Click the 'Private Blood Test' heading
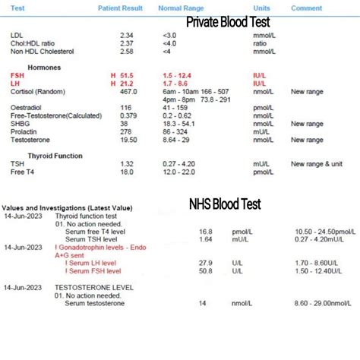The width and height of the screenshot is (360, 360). [x=228, y=22]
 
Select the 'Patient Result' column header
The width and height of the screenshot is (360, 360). [x=120, y=8]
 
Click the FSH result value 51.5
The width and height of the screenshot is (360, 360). [x=126, y=76]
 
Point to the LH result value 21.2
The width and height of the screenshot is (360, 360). [x=126, y=84]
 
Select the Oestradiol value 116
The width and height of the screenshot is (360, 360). [x=125, y=108]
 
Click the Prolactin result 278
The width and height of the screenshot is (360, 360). [x=125, y=131]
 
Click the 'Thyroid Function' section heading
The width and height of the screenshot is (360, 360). [x=55, y=155]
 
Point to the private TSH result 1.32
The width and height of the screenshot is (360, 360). [x=126, y=163]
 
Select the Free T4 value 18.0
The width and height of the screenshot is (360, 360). [x=126, y=172]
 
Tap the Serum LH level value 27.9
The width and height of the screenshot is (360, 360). [x=206, y=262]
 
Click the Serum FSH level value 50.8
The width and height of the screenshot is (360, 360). [x=206, y=270]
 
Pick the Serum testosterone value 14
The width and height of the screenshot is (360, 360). [x=203, y=303]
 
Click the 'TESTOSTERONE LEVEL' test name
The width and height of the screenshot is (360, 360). [x=94, y=287]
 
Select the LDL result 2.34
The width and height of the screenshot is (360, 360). [x=126, y=35]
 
